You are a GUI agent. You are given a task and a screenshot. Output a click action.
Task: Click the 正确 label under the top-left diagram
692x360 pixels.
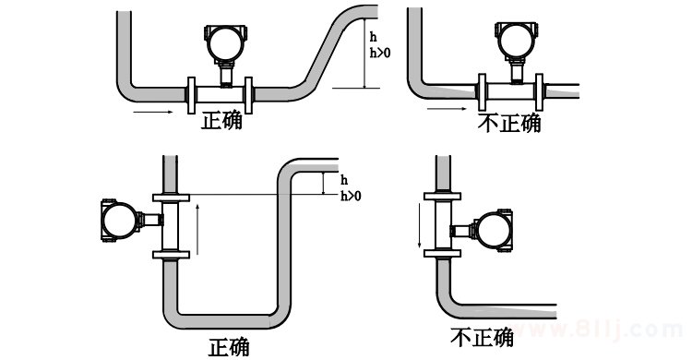[221, 120]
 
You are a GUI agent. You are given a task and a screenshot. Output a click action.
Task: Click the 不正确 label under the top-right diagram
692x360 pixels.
[509, 123]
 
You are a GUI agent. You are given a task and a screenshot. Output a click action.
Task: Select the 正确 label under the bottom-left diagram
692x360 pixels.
[228, 347]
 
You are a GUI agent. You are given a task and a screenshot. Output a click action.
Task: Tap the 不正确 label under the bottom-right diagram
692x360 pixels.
[481, 337]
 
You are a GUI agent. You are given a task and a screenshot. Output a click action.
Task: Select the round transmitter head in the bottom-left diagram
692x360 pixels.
[117, 221]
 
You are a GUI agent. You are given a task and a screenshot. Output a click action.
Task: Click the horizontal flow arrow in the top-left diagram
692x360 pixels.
[153, 113]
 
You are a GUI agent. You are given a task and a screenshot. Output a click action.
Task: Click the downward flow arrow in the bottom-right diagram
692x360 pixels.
[420, 228]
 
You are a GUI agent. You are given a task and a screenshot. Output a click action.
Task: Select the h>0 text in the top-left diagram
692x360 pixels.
[378, 53]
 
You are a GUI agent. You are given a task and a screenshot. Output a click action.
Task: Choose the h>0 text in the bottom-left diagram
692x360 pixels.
[351, 196]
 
